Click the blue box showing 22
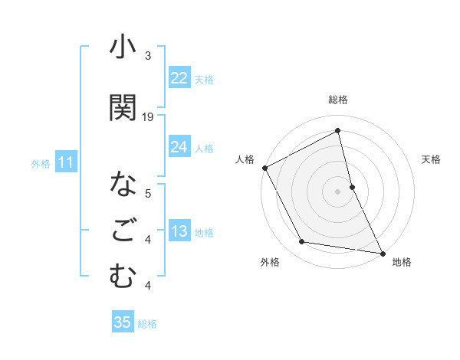click(x=179, y=78)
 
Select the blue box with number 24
click(x=179, y=147)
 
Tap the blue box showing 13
click(x=179, y=232)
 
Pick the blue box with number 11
click(x=65, y=162)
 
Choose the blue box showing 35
click(x=123, y=322)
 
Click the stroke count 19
click(x=148, y=117)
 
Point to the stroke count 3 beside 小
click(x=148, y=56)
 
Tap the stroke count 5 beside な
click(x=148, y=193)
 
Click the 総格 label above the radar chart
click(x=338, y=100)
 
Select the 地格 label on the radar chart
click(x=402, y=262)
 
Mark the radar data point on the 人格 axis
click(x=264, y=168)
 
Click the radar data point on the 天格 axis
click(x=352, y=187)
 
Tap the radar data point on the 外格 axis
click(x=302, y=242)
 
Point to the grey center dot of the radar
click(x=338, y=191)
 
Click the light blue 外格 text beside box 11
click(x=41, y=163)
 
